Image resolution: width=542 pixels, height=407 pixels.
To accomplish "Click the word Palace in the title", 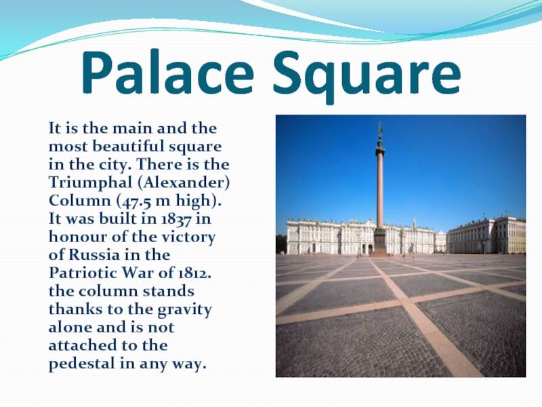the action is pyautogui.click(x=168, y=73).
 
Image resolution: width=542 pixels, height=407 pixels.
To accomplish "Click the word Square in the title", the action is pyautogui.click(x=367, y=77).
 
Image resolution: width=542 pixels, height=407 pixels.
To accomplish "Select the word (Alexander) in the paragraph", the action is pyautogui.click(x=184, y=182).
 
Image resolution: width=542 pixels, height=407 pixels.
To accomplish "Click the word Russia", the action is pyautogui.click(x=94, y=255).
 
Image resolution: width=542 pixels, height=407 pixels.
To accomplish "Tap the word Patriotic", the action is pyautogui.click(x=83, y=273).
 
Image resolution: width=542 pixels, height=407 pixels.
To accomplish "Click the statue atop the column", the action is pyautogui.click(x=380, y=132).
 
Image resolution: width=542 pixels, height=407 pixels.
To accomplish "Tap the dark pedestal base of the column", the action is pyautogui.click(x=379, y=241).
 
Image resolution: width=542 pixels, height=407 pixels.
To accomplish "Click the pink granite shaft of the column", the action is pyautogui.click(x=380, y=191).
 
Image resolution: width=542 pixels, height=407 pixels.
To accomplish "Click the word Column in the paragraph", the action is pyautogui.click(x=80, y=201).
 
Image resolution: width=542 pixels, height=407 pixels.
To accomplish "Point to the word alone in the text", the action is pyautogui.click(x=70, y=328).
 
